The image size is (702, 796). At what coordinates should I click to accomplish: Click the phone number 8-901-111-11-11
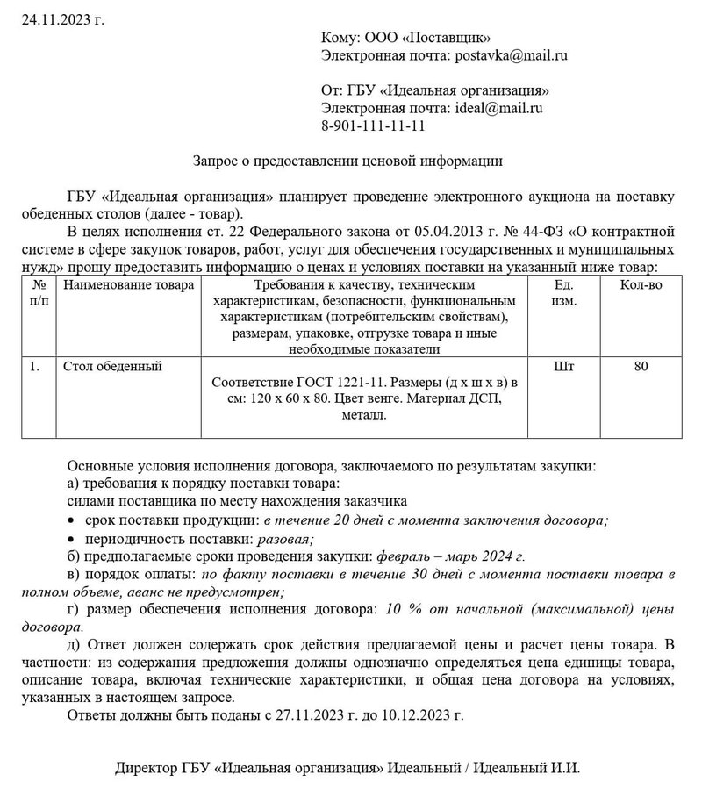tap(374, 125)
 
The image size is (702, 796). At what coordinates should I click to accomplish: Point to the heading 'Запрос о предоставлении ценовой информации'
tap(347, 161)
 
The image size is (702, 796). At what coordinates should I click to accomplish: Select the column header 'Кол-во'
tap(641, 286)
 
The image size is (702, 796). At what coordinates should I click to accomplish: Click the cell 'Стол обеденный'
tap(113, 366)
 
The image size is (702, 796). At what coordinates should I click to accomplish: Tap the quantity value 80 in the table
tap(641, 366)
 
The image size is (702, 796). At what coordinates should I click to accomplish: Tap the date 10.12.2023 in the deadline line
tap(424, 714)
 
